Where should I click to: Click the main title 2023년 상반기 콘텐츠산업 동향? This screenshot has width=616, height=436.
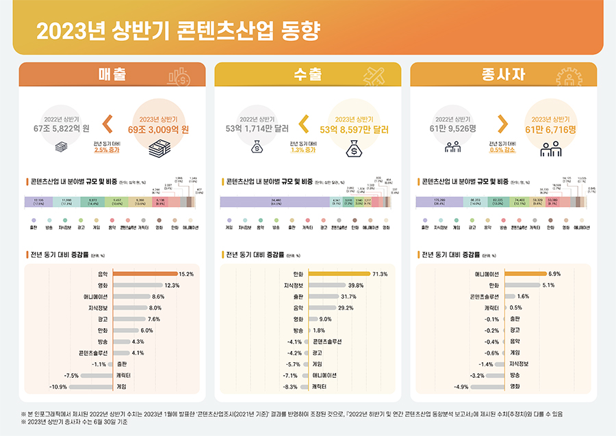(176, 31)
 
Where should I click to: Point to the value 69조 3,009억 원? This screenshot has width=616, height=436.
(159, 128)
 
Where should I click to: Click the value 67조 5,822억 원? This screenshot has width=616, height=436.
(62, 128)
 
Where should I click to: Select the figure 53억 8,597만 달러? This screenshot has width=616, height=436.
(356, 128)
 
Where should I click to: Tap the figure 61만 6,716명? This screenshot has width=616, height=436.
(551, 128)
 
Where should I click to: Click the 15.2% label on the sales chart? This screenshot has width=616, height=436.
(186, 274)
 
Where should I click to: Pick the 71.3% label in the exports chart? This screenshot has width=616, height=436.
(380, 274)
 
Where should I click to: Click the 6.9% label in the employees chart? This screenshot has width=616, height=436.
(554, 274)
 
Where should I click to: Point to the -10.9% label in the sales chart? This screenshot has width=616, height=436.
(58, 387)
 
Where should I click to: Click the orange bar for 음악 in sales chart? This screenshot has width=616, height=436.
(144, 274)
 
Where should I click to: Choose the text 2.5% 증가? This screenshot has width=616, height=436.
(107, 150)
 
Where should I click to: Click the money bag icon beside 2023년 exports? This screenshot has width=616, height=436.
(355, 147)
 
